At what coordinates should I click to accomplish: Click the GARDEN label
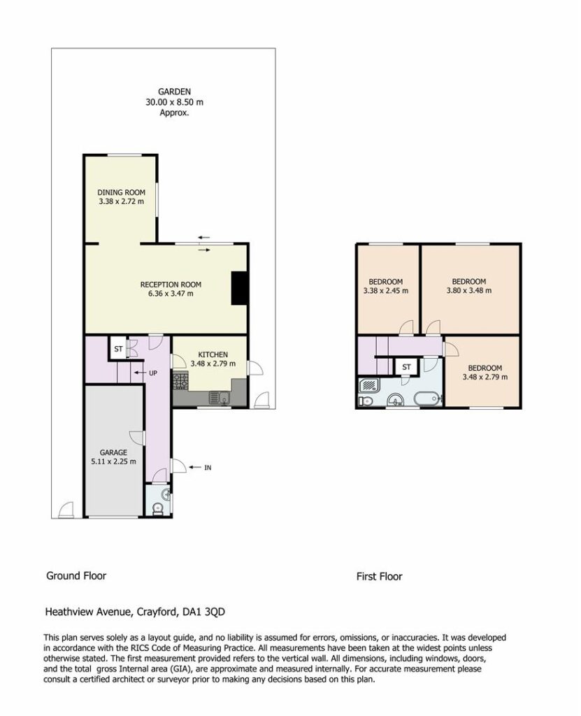pos(174,92)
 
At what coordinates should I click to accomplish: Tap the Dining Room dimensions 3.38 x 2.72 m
pos(121,201)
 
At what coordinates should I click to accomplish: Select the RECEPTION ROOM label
pos(171,285)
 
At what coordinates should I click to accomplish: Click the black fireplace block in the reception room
pos(239,288)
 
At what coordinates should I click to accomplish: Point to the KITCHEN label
pos(213,355)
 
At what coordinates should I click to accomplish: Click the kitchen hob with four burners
pos(180,381)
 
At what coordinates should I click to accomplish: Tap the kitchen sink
pos(220,398)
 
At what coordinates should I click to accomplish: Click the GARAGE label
pos(113,452)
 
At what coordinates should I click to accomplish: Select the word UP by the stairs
pos(153,373)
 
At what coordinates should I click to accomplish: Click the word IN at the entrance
pos(208,468)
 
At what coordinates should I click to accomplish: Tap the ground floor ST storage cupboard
pos(118,349)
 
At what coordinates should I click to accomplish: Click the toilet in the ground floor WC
pos(157,509)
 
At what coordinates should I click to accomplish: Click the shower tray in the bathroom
pos(369,386)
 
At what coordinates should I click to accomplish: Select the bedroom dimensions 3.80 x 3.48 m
pos(469,290)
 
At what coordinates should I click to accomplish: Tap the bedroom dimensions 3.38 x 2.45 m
pos(386,290)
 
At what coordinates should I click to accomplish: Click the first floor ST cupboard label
pos(406,367)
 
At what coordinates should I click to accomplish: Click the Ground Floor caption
pos(76,576)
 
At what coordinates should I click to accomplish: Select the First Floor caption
pos(379,577)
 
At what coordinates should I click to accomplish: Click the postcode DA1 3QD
pos(203,611)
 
